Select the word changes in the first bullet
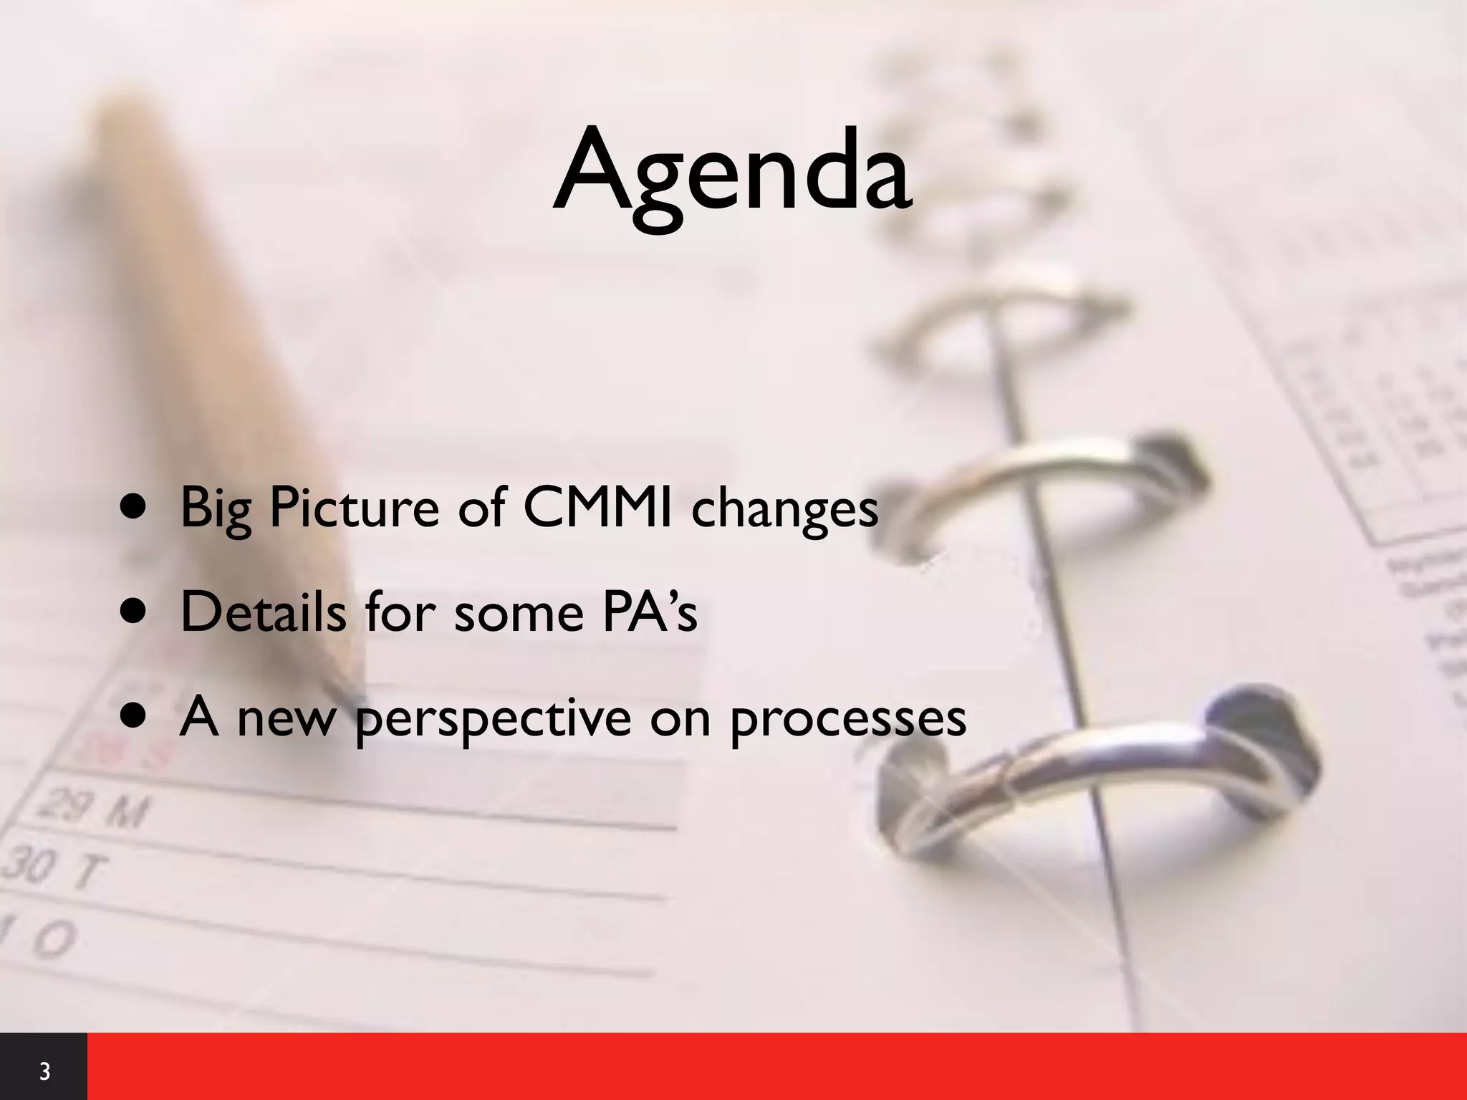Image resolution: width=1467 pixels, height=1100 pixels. pyautogui.click(x=784, y=508)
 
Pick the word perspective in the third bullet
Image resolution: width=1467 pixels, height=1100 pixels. pyautogui.click(x=493, y=718)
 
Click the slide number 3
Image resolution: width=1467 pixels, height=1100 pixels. pyautogui.click(x=44, y=1072)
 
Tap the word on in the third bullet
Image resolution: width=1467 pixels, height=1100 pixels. pyautogui.click(x=680, y=718)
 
